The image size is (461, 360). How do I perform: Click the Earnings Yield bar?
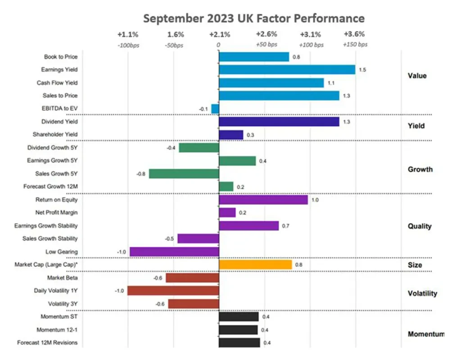click(287, 70)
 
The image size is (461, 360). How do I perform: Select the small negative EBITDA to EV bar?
click(215, 109)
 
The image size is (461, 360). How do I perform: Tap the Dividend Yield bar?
click(279, 122)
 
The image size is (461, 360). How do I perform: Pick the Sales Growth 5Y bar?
click(184, 173)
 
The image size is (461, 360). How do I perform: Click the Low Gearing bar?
click(174, 251)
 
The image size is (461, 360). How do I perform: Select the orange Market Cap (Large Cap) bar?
click(255, 264)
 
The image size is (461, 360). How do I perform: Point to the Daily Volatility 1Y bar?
click(173, 291)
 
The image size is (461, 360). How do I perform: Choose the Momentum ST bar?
click(238, 317)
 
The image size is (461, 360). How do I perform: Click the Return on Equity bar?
click(263, 200)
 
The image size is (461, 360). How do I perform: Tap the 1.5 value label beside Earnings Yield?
click(362, 70)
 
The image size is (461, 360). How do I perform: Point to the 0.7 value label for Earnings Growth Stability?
click(285, 226)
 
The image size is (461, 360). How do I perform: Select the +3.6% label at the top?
click(354, 34)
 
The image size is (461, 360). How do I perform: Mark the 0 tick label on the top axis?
click(218, 45)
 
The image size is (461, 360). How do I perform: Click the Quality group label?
click(419, 226)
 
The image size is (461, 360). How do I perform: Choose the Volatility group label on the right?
click(422, 294)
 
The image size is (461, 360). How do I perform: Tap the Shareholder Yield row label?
click(55, 134)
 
